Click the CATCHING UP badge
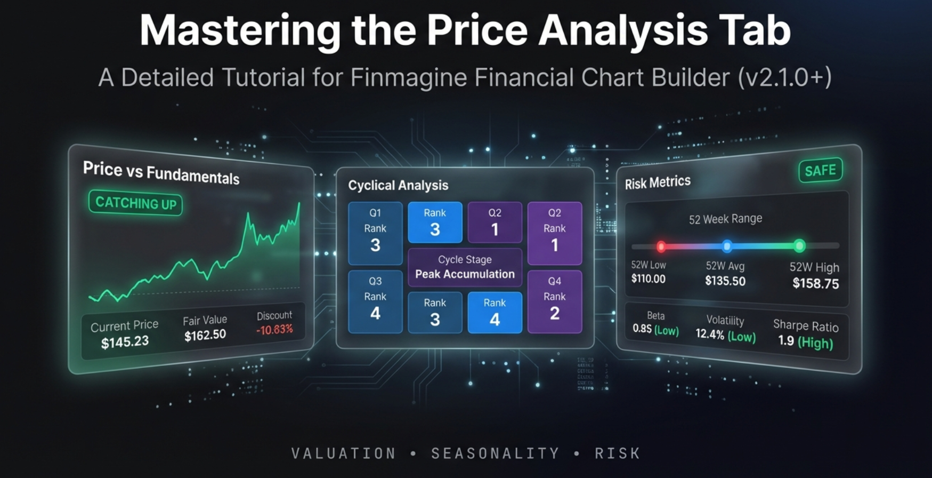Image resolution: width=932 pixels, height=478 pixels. (135, 203)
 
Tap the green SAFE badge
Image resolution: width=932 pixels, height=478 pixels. (820, 171)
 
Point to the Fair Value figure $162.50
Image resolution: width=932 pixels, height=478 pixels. (205, 336)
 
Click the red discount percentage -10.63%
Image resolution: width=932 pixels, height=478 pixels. (274, 330)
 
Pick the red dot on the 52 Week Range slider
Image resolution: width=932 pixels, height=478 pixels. (661, 246)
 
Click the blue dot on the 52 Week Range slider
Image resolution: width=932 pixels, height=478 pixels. (727, 246)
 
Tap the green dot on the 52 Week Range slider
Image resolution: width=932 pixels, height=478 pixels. (799, 246)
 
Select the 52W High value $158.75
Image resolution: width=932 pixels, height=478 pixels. (815, 283)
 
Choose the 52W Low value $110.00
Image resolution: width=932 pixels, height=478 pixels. (649, 278)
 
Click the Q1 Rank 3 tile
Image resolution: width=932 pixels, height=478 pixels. (375, 233)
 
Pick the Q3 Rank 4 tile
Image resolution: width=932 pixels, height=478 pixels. (375, 301)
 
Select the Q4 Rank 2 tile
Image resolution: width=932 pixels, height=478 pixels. (554, 301)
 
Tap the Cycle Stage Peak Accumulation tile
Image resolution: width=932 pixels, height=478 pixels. (465, 267)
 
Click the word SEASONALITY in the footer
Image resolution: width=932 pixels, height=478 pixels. (495, 453)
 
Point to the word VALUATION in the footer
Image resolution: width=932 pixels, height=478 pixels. (344, 453)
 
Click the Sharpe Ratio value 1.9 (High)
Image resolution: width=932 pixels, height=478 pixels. (805, 341)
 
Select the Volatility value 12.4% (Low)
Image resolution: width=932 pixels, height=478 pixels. (725, 336)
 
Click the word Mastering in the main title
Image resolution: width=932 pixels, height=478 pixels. (240, 31)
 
